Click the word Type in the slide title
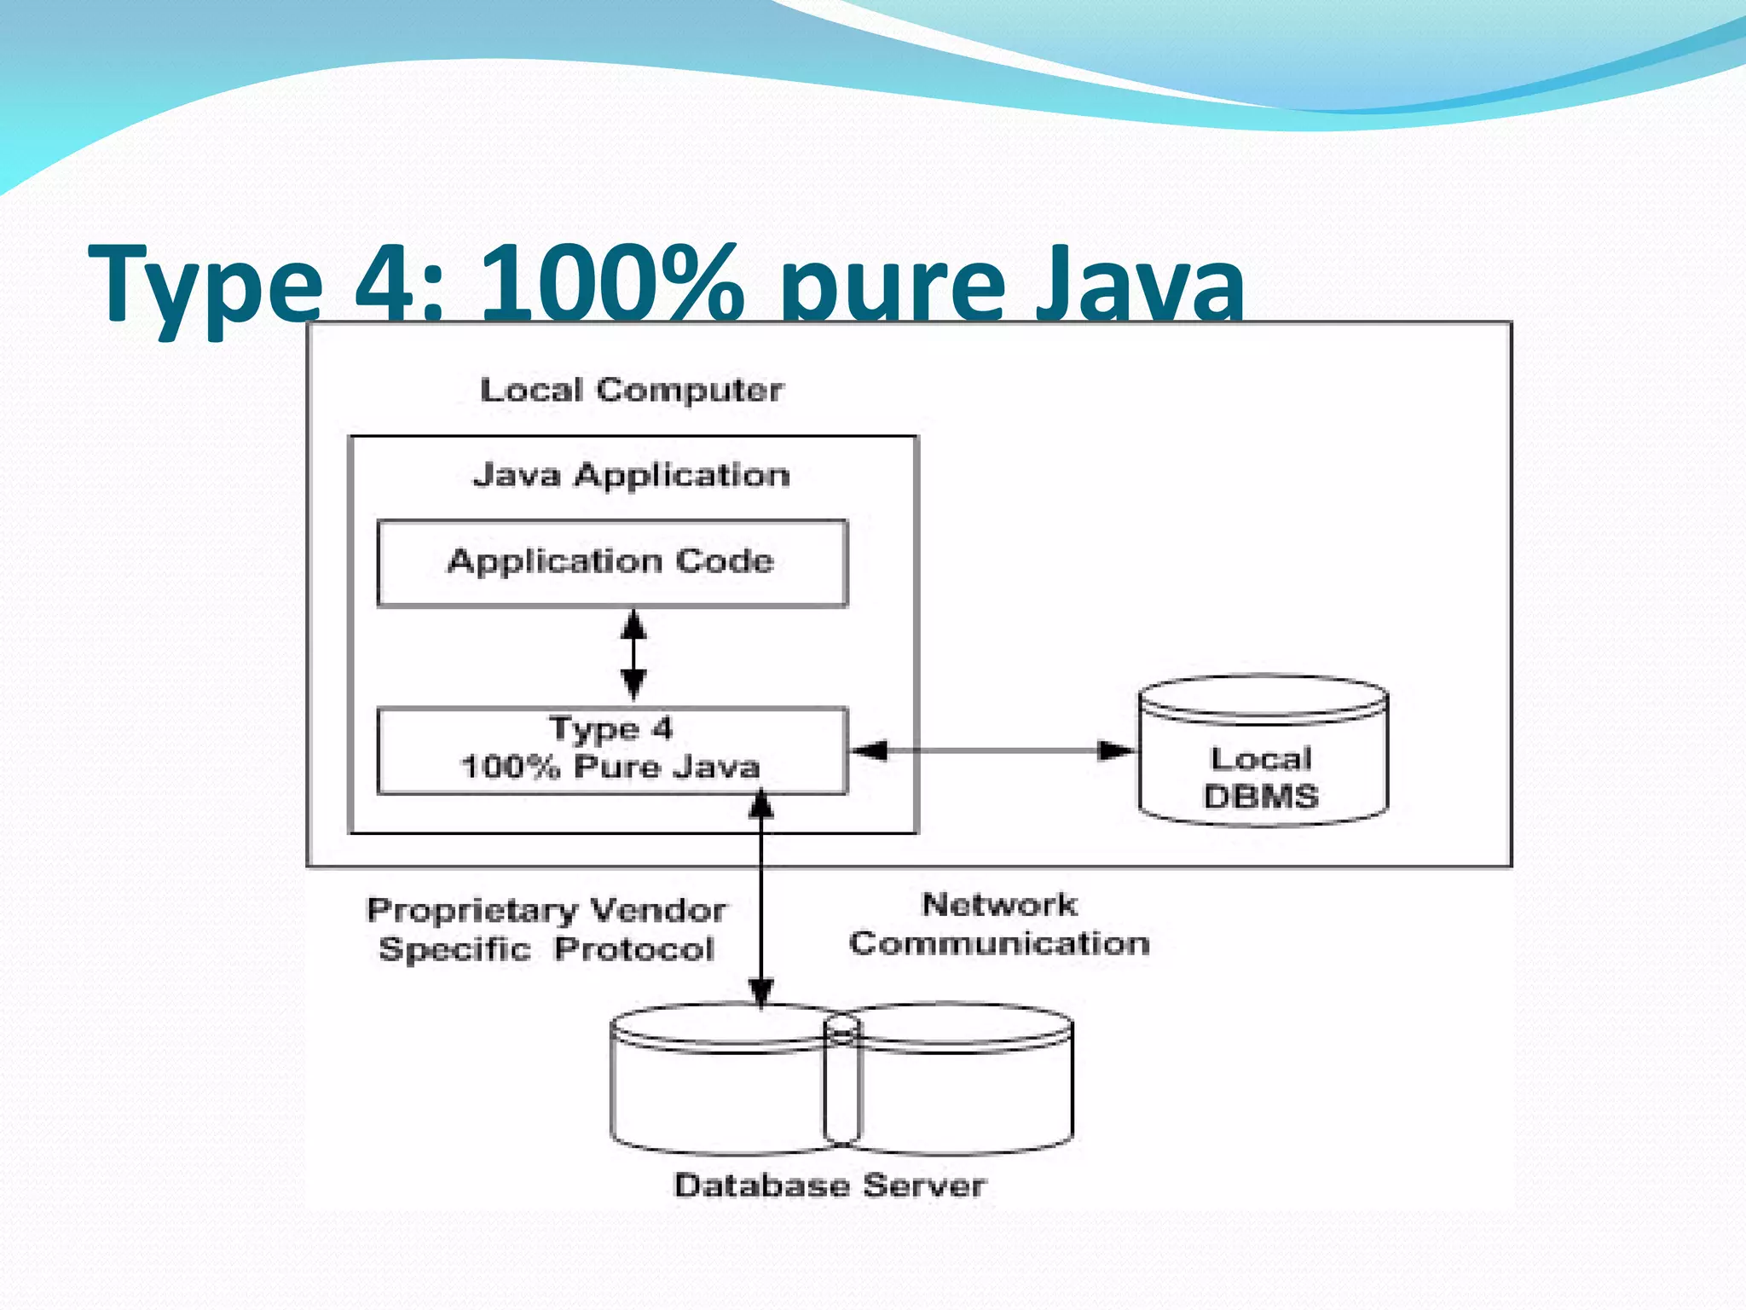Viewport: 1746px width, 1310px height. (x=205, y=286)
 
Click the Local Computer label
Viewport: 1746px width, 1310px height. (x=631, y=391)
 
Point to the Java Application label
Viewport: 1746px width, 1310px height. (x=631, y=475)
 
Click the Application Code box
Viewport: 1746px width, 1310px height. (x=612, y=563)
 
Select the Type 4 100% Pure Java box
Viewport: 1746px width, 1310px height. (x=612, y=751)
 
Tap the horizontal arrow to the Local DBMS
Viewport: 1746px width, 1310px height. (x=993, y=751)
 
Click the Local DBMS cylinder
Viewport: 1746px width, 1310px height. (x=1263, y=751)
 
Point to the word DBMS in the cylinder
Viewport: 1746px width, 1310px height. (x=1261, y=797)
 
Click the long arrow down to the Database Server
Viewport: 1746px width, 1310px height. (x=760, y=904)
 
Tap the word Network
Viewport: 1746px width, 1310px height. (x=999, y=905)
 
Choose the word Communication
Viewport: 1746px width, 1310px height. (x=999, y=943)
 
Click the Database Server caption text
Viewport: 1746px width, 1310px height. (x=830, y=1185)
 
